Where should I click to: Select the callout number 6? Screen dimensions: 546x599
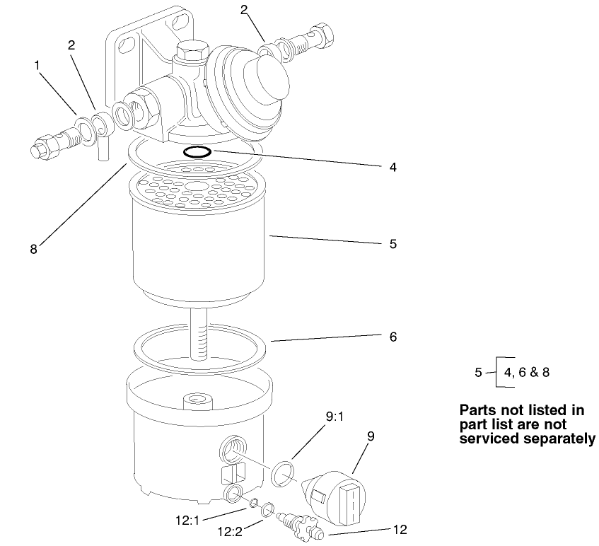[393, 337]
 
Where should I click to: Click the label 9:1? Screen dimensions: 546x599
[335, 419]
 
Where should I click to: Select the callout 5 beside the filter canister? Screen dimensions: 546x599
[393, 243]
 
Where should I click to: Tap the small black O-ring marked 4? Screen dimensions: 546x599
[196, 151]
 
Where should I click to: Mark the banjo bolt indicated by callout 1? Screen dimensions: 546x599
[52, 144]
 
